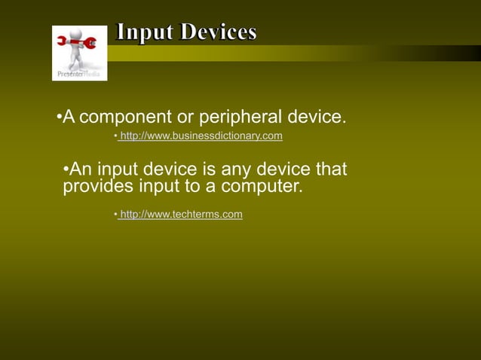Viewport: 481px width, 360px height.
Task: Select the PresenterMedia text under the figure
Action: coord(79,74)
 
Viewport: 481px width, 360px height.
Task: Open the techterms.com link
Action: coord(181,215)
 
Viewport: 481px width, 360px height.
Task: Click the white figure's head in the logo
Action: coord(76,35)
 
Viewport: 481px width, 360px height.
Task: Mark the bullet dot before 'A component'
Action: coord(59,118)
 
